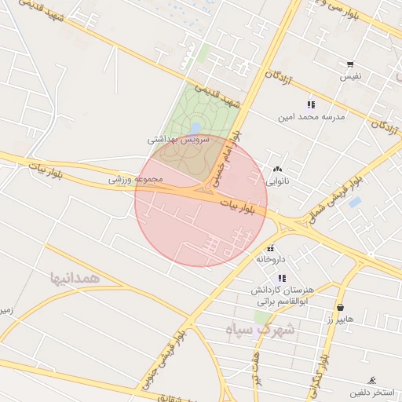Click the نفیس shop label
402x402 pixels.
tap(350, 77)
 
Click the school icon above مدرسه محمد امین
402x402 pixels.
tap(311, 104)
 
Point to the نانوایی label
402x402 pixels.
tap(277, 181)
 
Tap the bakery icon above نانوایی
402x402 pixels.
tap(277, 169)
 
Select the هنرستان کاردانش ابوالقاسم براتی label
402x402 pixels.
tap(281, 295)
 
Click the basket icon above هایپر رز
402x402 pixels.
tap(341, 307)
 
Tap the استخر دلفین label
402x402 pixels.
tap(371, 392)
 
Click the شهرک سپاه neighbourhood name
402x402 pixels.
tap(260, 330)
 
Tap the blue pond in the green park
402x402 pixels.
tap(195, 127)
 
